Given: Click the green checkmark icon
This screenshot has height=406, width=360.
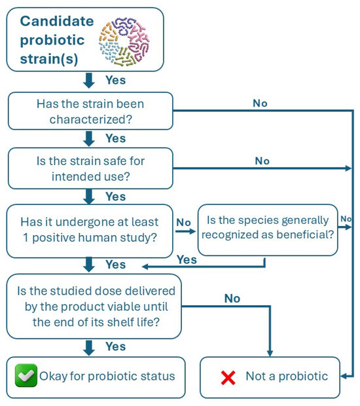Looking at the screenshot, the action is point(26,375).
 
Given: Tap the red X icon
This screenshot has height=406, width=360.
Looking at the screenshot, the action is point(228,378).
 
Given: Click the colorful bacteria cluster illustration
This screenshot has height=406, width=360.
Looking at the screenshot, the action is point(124,41).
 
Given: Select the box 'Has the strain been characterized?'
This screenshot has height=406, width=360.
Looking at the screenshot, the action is point(90,111).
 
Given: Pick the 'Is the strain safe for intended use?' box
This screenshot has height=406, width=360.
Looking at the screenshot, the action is point(90,168).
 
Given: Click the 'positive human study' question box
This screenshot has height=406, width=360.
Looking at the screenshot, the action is point(90,231).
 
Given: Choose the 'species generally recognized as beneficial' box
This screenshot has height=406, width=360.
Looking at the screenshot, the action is point(268,230).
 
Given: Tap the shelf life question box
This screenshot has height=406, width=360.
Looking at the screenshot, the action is point(94,306).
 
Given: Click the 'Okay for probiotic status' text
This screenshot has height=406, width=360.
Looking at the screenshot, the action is point(107,377).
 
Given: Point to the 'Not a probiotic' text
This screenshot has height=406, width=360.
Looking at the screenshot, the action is point(287,376).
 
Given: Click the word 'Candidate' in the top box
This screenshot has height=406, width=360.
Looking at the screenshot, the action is point(57,21).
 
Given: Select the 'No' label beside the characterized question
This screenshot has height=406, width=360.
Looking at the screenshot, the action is point(260,103).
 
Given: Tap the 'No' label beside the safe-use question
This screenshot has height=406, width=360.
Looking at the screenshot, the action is point(262,161).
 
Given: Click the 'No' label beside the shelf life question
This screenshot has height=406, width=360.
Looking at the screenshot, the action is point(232,299).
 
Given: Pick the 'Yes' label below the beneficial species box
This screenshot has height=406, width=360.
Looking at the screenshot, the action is point(187,260).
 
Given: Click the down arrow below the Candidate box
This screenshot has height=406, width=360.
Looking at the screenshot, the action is point(89,81).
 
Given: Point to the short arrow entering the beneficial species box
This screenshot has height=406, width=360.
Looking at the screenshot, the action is point(185,231).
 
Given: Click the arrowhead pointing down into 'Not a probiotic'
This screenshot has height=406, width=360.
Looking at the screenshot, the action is point(270,354).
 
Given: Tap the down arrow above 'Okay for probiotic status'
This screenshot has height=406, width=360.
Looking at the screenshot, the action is point(89,348).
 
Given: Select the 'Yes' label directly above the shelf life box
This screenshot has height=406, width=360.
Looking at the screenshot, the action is point(115,265).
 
